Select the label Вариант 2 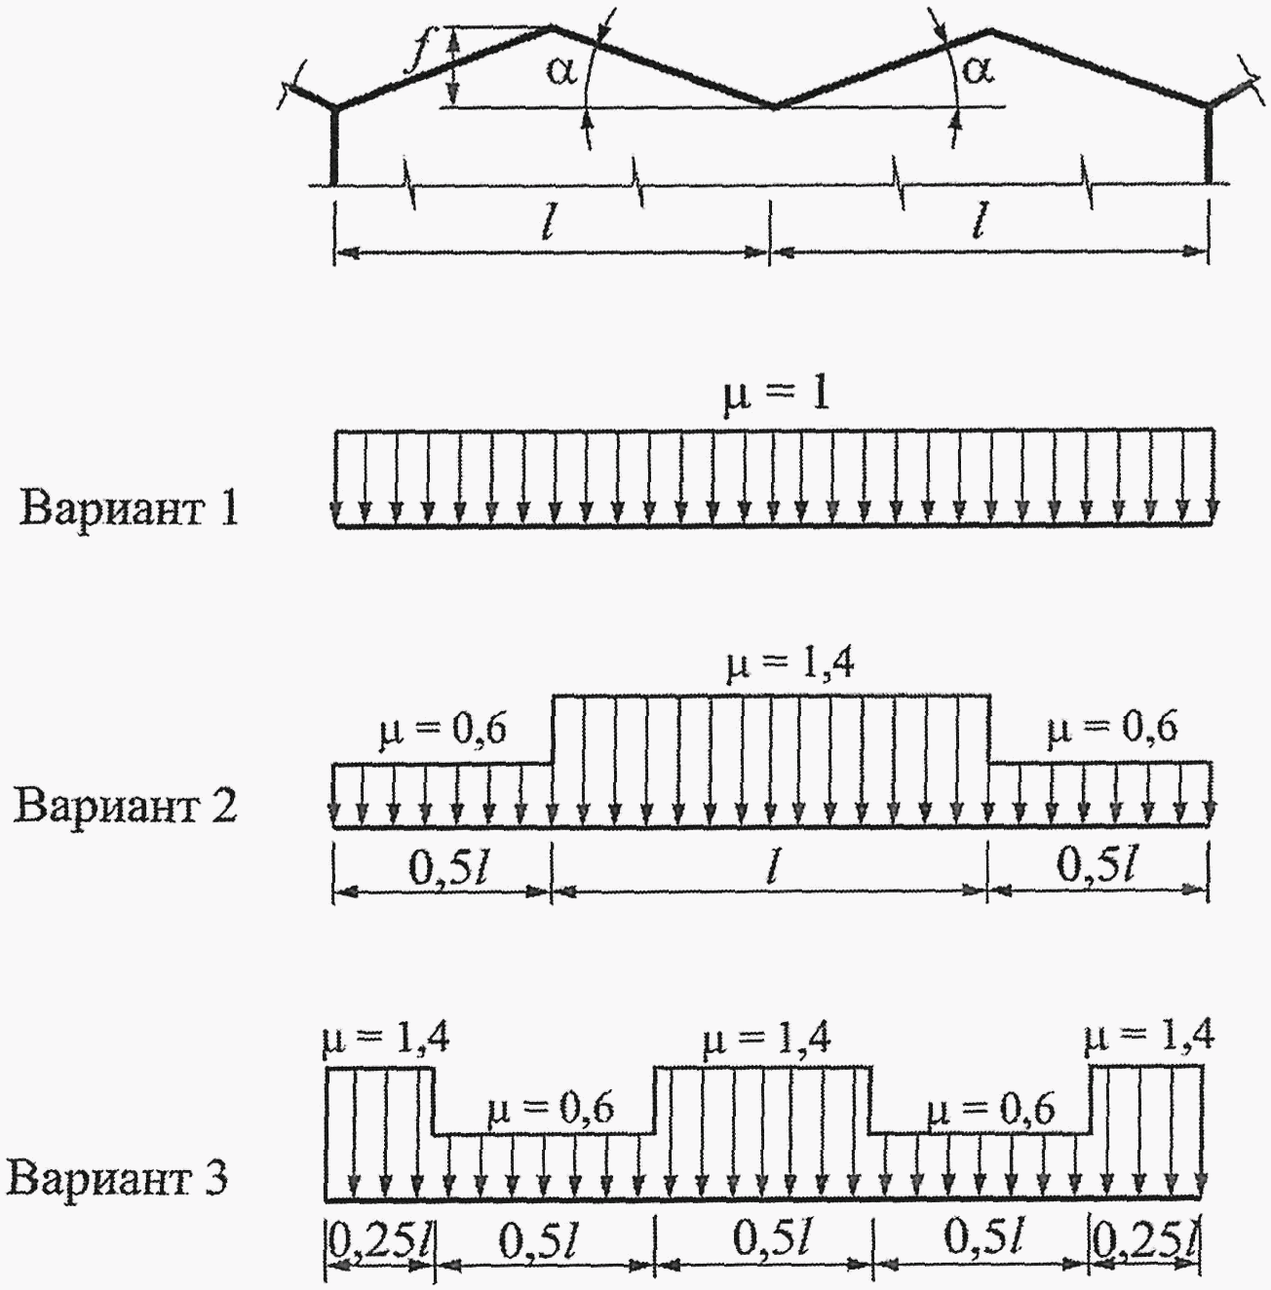click(x=127, y=806)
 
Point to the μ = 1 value click(x=775, y=398)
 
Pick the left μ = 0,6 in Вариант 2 click(x=443, y=731)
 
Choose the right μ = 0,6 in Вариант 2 click(x=1111, y=729)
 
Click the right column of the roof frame click(x=1209, y=144)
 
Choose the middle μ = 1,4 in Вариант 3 click(x=767, y=1041)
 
